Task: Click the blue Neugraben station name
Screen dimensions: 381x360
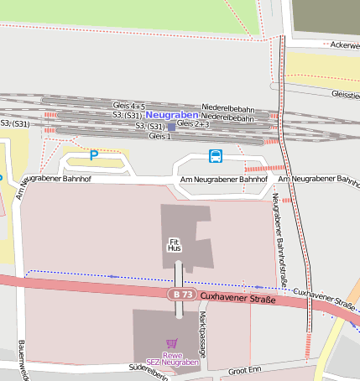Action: coord(171,114)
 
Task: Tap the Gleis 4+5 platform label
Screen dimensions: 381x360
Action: coord(128,107)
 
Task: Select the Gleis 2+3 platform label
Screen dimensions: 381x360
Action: coord(192,123)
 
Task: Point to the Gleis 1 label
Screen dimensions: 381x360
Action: coord(159,136)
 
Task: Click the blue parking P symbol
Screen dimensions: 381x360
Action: coord(94,155)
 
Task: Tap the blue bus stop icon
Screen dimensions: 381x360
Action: coord(216,156)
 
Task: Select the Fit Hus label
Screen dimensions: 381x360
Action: coord(175,245)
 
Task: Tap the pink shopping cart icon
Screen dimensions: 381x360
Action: coord(172,343)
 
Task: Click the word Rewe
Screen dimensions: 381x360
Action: coord(172,354)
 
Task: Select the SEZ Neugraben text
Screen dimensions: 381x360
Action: coord(172,363)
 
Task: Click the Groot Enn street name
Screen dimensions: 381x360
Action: coord(245,368)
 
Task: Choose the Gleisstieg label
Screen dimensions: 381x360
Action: coord(345,94)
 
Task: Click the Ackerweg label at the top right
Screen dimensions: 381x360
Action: coord(345,44)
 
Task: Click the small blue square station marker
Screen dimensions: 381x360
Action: coord(171,127)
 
